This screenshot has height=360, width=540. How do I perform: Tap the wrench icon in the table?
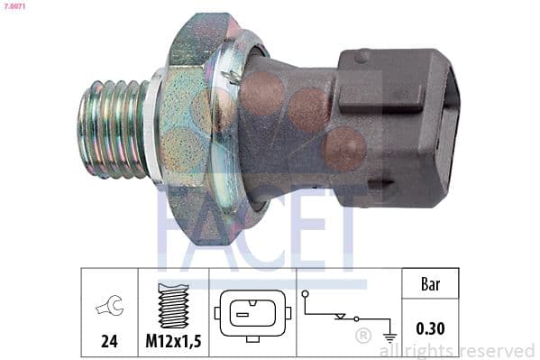click(x=108, y=307)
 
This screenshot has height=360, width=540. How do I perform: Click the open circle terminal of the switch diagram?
click(x=307, y=294)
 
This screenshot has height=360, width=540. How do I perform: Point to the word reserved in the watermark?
click(x=497, y=350)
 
